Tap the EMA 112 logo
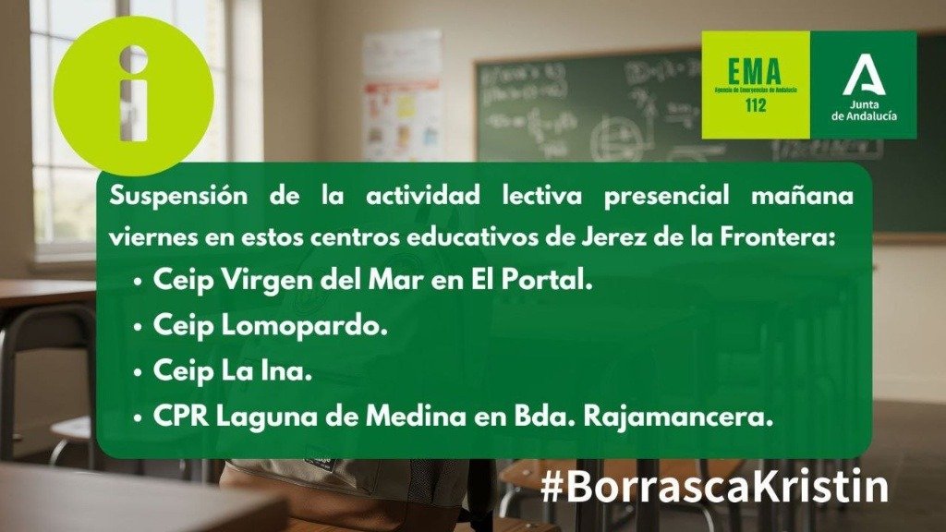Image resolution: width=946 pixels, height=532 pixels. pyautogui.click(x=755, y=85)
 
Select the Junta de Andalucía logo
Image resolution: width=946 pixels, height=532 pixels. pyautogui.click(x=863, y=85)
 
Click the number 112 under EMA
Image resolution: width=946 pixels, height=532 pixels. pyautogui.click(x=754, y=106)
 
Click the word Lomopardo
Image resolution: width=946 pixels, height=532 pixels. pyautogui.click(x=307, y=327)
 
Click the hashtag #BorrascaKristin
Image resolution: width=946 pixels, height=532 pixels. pyautogui.click(x=714, y=486)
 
